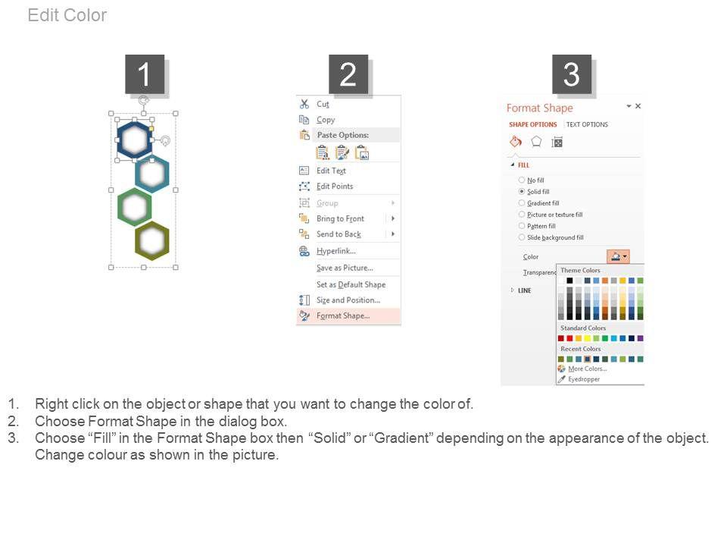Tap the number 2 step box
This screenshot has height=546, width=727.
point(348,74)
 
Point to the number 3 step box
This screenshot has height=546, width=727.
point(571,74)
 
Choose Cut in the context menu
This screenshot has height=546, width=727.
point(323,104)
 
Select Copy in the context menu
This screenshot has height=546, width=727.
point(326,120)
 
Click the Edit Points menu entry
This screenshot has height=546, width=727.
point(335,187)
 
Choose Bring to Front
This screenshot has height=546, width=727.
point(340,218)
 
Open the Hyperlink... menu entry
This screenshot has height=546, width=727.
point(336,251)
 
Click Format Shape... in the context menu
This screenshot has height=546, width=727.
point(343,315)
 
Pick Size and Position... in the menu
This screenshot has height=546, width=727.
point(348,300)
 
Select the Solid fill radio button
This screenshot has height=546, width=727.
point(522,191)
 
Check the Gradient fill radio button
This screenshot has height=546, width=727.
point(522,203)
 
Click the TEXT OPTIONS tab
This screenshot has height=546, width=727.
point(587,124)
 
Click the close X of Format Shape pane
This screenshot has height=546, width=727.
point(638,106)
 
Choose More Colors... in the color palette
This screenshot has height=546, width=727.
point(588,369)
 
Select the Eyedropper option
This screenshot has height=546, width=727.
point(584,379)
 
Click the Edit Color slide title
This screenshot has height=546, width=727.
point(67,15)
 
